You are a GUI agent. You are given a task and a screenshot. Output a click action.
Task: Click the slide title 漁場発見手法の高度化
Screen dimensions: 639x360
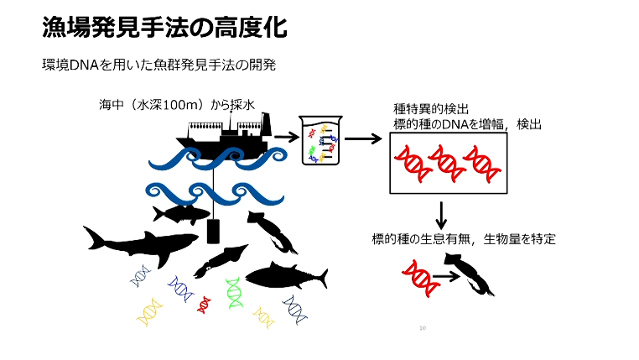pyautogui.click(x=164, y=28)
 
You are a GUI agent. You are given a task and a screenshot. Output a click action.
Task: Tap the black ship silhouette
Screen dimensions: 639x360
pyautogui.click(x=223, y=136)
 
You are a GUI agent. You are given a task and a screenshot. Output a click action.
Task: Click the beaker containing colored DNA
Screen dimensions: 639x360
pyautogui.click(x=320, y=140)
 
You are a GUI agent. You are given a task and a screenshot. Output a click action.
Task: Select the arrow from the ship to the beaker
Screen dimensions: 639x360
pyautogui.click(x=287, y=138)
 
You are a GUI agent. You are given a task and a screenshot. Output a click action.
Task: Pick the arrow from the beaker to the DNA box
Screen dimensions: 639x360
pyautogui.click(x=363, y=138)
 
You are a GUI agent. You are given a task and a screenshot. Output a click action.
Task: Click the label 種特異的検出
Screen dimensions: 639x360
pyautogui.click(x=431, y=109)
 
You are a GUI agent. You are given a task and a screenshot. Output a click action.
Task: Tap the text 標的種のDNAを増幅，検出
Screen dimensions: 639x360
pyautogui.click(x=467, y=124)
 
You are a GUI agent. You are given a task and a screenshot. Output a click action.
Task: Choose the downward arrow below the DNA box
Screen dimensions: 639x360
pyautogui.click(x=441, y=216)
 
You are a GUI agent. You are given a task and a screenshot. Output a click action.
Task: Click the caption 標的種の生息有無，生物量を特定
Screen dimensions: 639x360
pyautogui.click(x=464, y=239)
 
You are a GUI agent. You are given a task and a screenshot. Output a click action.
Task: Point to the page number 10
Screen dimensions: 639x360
pyautogui.click(x=423, y=328)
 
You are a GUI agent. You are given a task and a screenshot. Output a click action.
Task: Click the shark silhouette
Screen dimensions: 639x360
pyautogui.click(x=138, y=246)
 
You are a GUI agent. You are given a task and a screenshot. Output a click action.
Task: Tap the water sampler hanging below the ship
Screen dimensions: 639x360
pyautogui.click(x=213, y=231)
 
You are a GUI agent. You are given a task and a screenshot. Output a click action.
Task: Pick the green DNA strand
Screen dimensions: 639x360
pyautogui.click(x=234, y=293)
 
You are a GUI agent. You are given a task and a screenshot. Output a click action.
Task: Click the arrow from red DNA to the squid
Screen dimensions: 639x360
pyautogui.click(x=447, y=276)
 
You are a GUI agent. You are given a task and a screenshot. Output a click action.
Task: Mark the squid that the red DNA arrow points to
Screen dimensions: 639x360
pyautogui.click(x=470, y=274)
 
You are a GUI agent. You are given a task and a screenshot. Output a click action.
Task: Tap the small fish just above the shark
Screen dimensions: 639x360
pyautogui.click(x=181, y=214)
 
